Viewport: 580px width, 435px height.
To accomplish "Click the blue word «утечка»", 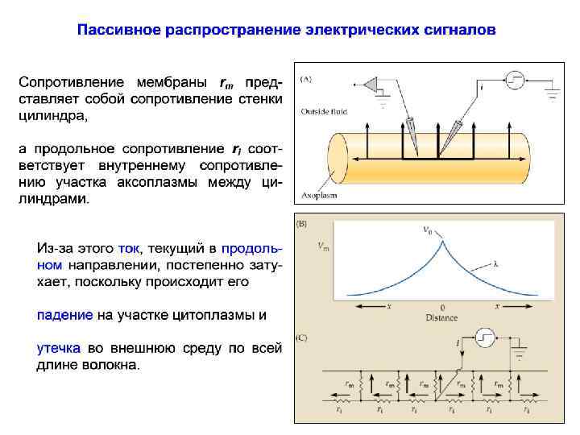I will tap(58, 348).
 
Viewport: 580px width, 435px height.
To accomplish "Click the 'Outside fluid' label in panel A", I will tap(321, 111).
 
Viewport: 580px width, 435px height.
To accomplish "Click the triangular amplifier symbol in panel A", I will tap(372, 85).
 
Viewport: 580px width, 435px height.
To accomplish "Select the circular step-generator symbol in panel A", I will tap(513, 81).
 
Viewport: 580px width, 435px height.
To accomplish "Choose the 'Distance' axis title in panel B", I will tap(441, 317).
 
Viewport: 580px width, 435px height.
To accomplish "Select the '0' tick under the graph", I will tap(441, 308).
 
